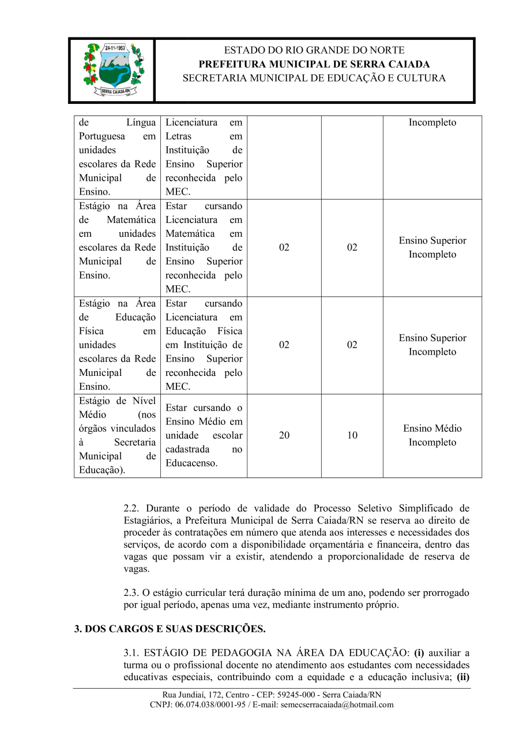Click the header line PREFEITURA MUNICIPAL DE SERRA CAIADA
tap(314, 64)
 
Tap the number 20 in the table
tap(284, 435)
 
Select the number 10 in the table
tap(352, 435)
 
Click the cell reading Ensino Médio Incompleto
tap(432, 435)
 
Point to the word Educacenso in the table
tap(191, 463)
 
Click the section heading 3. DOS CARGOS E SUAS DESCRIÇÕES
tap(170, 628)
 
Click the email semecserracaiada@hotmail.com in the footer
tap(337, 704)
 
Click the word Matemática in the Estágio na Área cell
tap(131, 220)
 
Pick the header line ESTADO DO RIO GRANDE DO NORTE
tap(314, 50)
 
